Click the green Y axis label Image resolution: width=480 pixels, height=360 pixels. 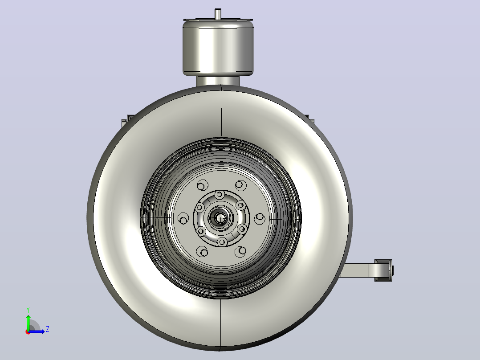(x=28, y=310)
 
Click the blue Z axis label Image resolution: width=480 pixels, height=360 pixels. (x=48, y=329)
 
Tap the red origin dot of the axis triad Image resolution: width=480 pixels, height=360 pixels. (x=28, y=332)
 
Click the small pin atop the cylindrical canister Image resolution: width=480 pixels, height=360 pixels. (x=218, y=14)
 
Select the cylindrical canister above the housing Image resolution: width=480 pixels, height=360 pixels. (x=218, y=48)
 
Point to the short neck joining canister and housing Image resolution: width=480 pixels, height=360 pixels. (x=218, y=81)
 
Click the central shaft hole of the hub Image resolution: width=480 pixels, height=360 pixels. (x=220, y=218)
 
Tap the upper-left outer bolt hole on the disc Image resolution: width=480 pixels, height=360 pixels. (x=202, y=185)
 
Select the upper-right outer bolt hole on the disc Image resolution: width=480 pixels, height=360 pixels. (x=241, y=185)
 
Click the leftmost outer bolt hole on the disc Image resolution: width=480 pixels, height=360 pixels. (x=183, y=219)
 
